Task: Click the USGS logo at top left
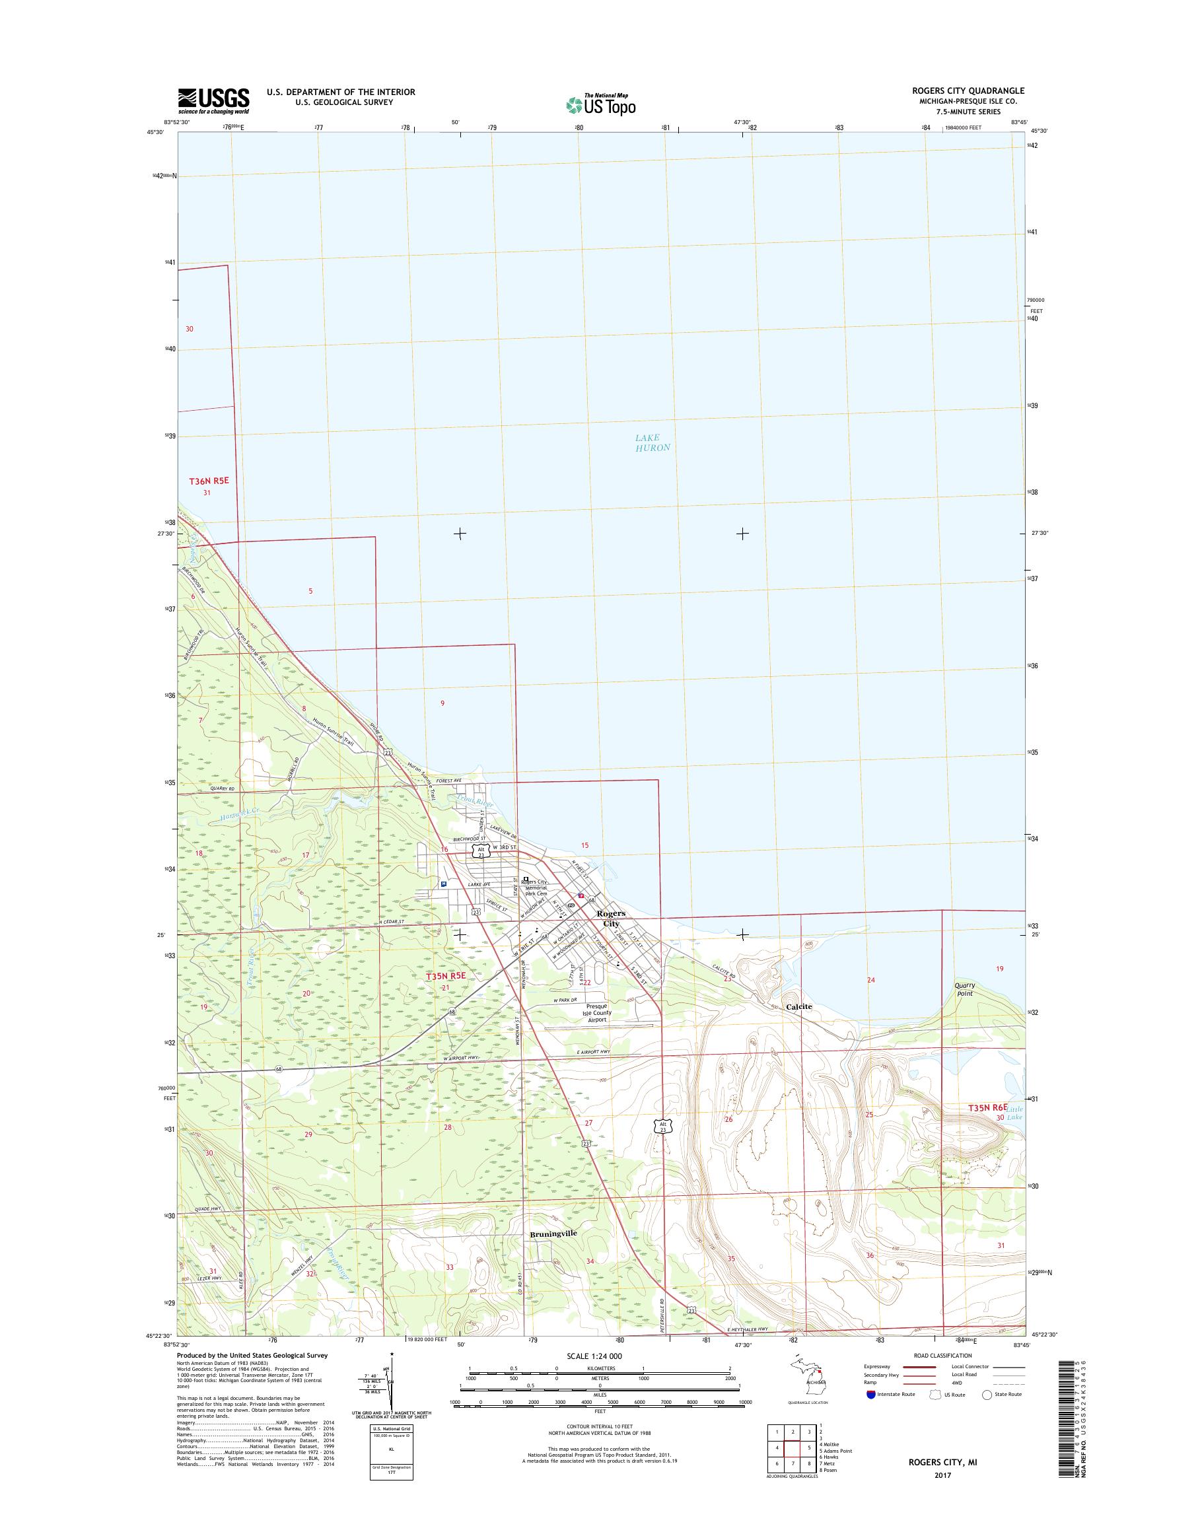click(213, 100)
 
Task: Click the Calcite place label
click(798, 1006)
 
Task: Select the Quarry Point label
click(964, 989)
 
